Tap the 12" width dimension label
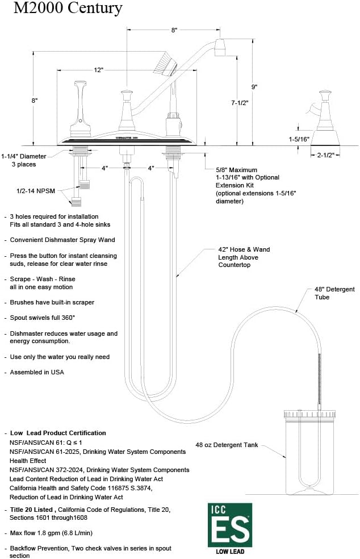point(99,70)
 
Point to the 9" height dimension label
point(254,87)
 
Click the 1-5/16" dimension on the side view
point(298,139)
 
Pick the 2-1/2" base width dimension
point(325,155)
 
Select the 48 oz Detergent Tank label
point(227,445)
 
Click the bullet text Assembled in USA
point(37,372)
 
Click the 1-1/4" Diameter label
point(23,156)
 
